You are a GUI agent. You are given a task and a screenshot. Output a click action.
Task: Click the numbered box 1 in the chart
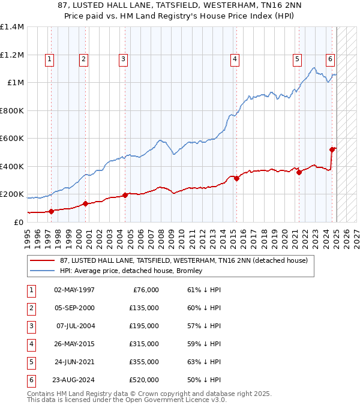(x=49, y=59)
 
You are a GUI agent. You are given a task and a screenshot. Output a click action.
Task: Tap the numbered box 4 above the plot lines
(x=234, y=59)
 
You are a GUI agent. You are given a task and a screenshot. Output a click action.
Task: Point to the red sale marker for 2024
(x=332, y=149)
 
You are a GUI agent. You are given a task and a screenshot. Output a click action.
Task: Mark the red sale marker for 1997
(x=51, y=211)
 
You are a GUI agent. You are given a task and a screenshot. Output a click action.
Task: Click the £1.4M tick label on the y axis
(x=12, y=27)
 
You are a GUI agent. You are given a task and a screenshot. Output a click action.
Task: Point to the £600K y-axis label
(x=12, y=138)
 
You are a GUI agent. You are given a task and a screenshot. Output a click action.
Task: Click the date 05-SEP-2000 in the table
(x=74, y=308)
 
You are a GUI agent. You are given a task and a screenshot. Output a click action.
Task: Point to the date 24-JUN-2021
(x=74, y=362)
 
